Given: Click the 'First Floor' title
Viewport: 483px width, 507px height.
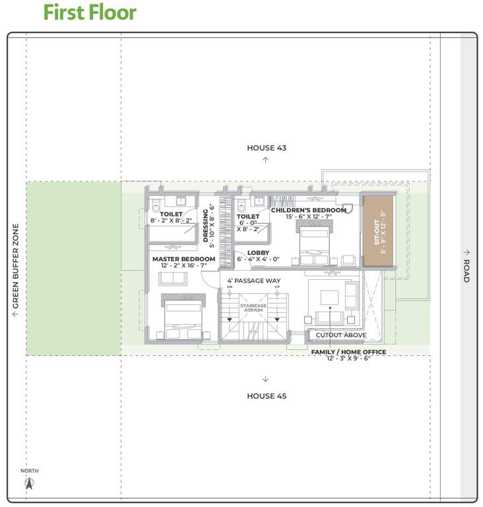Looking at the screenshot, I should [90, 13].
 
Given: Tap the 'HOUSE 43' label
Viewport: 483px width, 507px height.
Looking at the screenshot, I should [267, 148].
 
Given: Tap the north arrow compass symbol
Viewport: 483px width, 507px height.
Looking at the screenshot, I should [29, 483].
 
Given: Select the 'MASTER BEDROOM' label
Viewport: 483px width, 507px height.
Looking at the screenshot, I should [184, 259].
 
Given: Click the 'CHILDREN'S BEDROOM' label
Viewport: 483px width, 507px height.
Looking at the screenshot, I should [308, 210].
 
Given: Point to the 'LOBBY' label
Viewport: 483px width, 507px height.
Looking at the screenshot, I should [258, 253].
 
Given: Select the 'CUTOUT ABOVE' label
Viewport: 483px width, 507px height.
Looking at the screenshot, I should [341, 335].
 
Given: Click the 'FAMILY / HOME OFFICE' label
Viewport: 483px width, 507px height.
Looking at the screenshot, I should [348, 352].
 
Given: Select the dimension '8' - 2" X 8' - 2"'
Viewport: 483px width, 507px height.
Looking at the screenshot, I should [171, 220].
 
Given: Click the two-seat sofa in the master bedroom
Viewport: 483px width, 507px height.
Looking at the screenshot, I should [173, 279].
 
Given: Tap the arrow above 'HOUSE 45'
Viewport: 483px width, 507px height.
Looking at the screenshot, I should [265, 379].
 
